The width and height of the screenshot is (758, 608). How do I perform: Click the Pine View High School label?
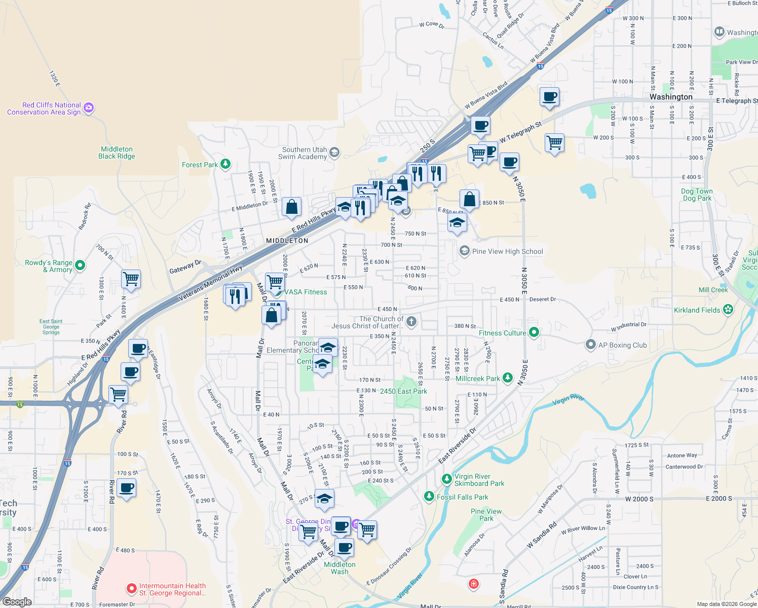pos(507,251)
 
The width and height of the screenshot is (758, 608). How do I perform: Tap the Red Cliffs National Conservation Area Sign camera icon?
pos(89,107)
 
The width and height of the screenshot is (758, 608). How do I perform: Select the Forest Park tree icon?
pos(225,164)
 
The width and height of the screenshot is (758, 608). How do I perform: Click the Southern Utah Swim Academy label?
pos(305,153)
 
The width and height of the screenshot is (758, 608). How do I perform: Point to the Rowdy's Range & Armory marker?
pos(80,265)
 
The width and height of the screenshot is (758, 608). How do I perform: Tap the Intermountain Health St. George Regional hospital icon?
pos(132,589)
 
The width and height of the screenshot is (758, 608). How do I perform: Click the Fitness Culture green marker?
pos(534,332)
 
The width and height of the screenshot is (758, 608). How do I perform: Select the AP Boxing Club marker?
pos(590,345)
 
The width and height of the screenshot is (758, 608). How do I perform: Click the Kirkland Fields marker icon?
pos(728,310)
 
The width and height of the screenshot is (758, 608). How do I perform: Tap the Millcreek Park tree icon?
pos(507,378)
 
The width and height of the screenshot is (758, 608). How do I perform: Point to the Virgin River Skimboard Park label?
pos(479,480)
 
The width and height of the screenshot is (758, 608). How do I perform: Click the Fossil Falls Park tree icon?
pos(429,497)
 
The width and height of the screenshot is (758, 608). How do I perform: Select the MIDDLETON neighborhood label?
pos(287,241)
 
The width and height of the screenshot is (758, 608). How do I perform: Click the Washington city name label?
pos(671,97)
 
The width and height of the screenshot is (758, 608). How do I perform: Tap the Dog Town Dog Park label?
pos(697,195)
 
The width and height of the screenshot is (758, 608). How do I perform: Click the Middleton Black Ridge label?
pos(117,153)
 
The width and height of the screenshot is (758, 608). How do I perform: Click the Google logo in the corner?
pos(17,602)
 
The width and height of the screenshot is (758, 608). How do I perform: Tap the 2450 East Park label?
pos(403,391)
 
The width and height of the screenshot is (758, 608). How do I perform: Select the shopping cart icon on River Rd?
pos(118,394)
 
